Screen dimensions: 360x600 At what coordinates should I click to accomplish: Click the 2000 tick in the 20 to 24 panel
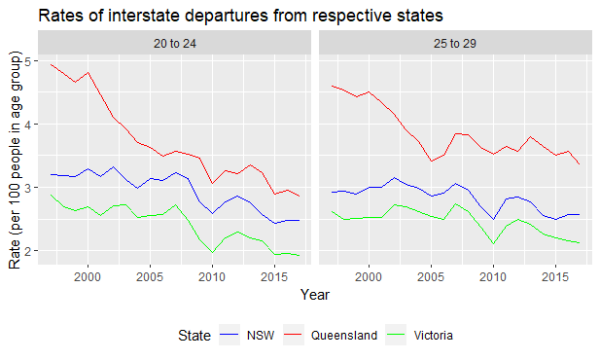point(88,277)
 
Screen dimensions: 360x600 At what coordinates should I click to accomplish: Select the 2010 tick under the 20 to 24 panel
point(212,277)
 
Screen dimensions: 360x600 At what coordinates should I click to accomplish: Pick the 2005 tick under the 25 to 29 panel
point(431,277)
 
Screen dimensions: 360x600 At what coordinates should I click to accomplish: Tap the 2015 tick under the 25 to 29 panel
point(554,277)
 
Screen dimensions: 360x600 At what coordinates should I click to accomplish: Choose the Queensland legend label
point(345,336)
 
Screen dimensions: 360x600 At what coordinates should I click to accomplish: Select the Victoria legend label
point(432,336)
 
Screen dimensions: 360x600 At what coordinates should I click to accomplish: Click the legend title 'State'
point(194,336)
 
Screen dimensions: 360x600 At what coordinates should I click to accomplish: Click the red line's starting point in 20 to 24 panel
point(52,65)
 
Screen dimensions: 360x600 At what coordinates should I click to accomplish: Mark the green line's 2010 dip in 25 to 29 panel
point(493,243)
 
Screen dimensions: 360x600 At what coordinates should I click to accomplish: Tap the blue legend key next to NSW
point(229,336)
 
